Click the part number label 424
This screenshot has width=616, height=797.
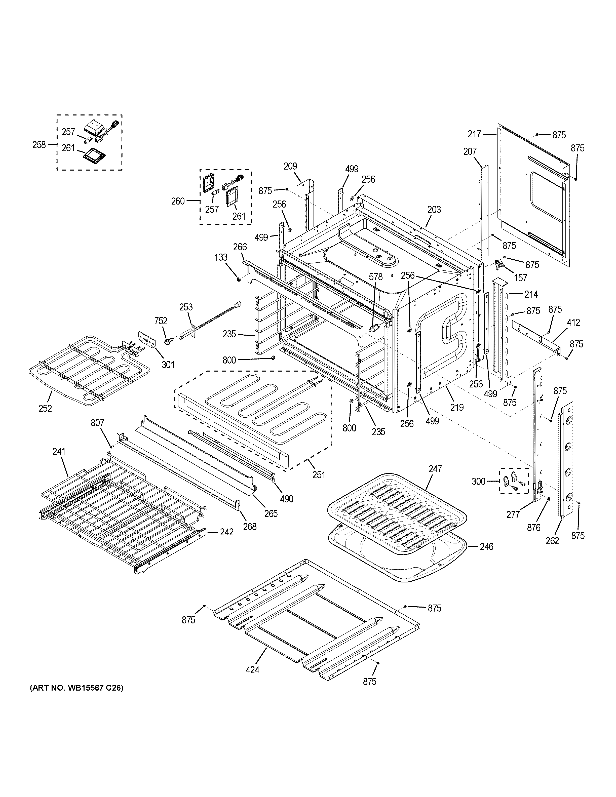[x=253, y=670]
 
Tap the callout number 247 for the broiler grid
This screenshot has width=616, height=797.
[x=435, y=469]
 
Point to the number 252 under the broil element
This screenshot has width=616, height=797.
[x=45, y=408]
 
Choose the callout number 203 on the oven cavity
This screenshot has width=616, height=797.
[x=434, y=210]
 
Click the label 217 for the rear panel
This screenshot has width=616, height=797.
[x=474, y=134]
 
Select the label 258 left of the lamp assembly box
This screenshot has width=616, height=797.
[x=39, y=145]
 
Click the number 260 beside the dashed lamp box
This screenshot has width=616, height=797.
[x=178, y=201]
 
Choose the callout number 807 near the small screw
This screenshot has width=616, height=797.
[x=97, y=423]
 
